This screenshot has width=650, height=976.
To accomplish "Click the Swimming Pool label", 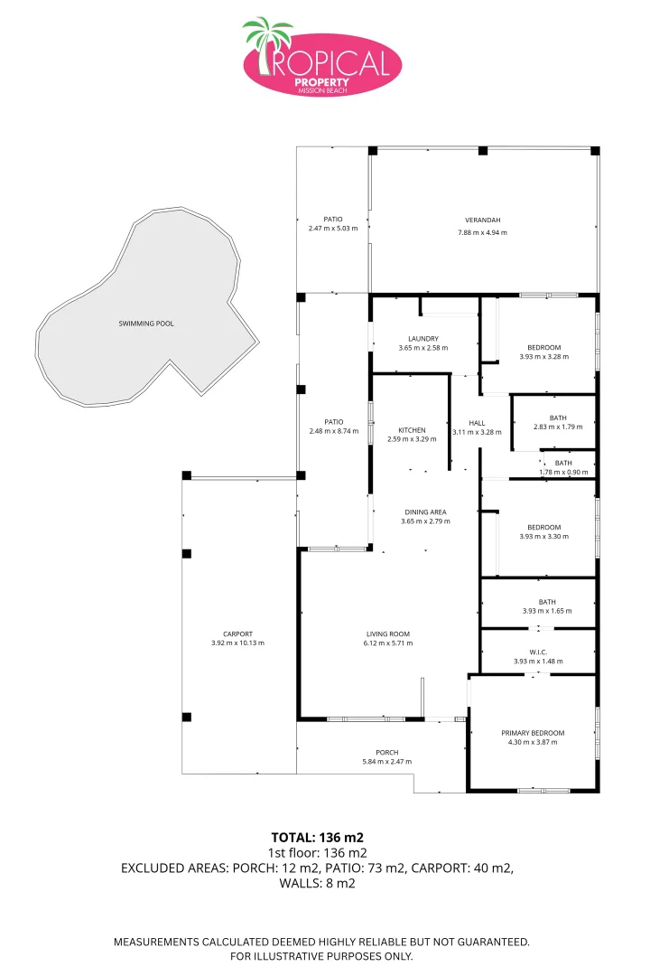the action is click(146, 324).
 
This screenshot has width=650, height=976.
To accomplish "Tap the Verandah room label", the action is click(483, 220).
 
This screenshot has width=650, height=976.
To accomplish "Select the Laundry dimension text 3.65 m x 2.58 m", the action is click(423, 348).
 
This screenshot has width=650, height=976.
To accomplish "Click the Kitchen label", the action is click(412, 430).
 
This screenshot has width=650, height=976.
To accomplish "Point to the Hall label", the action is click(477, 423).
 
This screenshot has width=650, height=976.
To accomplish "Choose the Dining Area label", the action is click(425, 512).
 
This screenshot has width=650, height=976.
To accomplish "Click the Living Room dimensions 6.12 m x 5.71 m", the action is click(388, 643).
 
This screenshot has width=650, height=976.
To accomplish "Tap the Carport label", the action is click(237, 634).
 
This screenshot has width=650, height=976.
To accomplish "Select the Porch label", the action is click(387, 753).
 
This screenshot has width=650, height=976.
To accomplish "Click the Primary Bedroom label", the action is click(533, 733).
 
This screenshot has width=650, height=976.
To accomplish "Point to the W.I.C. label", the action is click(539, 652).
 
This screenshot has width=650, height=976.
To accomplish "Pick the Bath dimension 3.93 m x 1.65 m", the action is click(547, 611).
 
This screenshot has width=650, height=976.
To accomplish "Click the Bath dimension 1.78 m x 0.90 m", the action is click(563, 473).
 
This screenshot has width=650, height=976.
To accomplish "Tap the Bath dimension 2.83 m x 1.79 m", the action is click(558, 427).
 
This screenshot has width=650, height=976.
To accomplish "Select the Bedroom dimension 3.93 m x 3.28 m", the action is click(544, 357).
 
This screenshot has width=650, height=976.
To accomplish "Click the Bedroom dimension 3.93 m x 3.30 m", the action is click(544, 537).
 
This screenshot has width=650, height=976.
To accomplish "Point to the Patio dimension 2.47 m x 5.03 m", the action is click(333, 229).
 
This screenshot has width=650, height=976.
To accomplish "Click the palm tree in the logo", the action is click(267, 42).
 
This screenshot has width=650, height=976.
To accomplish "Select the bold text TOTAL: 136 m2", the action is click(317, 837).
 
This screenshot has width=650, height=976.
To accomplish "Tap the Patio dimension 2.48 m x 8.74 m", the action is click(334, 431).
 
